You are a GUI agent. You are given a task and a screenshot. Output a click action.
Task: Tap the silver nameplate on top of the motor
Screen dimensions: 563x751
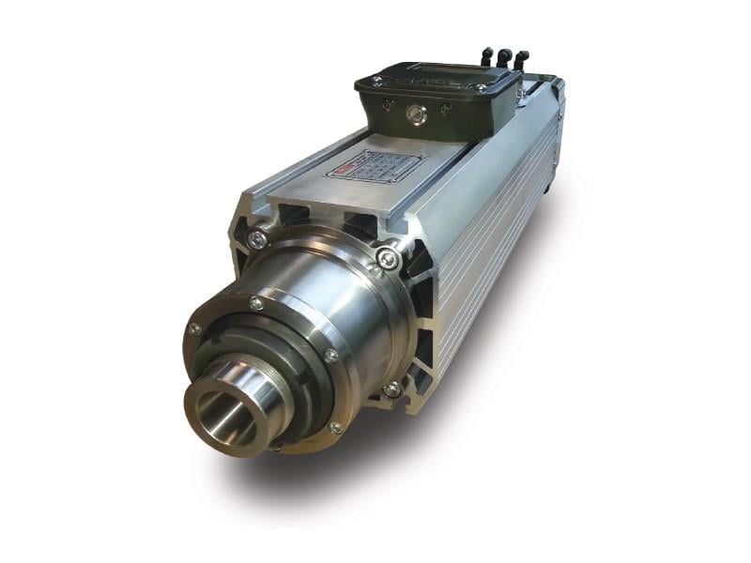[x=375, y=166]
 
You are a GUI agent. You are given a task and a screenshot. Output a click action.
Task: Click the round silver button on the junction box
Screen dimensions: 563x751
[x=414, y=114]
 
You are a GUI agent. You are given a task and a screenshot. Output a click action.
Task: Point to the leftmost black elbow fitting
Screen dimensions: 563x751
[x=486, y=56]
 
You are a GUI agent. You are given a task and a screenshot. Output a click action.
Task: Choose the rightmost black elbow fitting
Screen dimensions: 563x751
[x=521, y=60]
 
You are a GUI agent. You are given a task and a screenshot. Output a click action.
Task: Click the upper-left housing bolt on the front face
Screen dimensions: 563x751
[x=257, y=240]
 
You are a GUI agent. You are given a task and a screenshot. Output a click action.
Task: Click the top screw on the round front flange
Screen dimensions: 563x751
[x=256, y=303]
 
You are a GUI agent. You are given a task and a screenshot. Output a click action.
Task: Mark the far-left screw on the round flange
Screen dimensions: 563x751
[x=194, y=328]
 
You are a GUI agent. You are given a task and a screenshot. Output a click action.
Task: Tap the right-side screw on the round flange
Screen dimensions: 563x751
[x=331, y=355]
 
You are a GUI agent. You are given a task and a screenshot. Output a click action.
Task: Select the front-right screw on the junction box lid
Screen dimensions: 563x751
[x=483, y=89]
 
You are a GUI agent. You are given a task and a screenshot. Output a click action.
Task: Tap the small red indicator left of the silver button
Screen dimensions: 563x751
[x=387, y=105]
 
